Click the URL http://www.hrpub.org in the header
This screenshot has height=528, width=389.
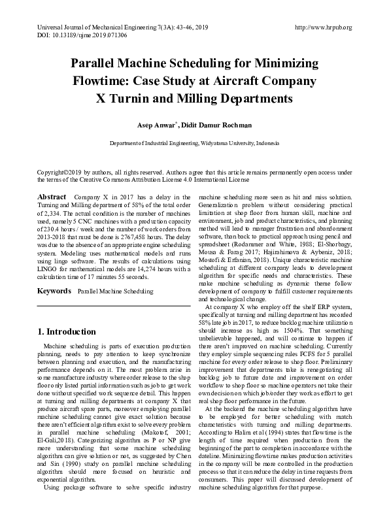tap(324, 27)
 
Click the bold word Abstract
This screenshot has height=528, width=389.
tap(52, 197)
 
